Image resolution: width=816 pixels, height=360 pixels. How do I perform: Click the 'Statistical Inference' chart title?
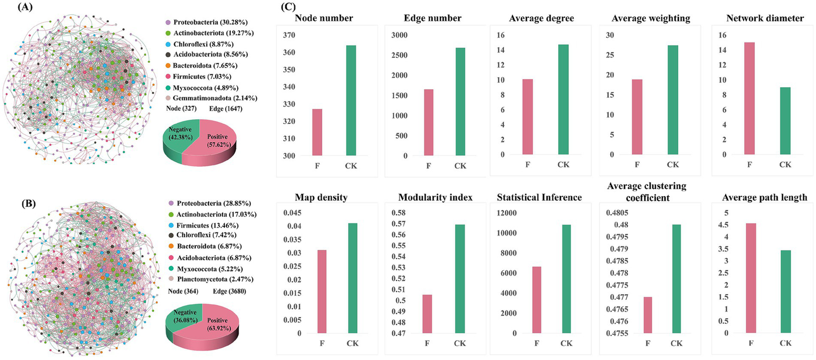coord(539,198)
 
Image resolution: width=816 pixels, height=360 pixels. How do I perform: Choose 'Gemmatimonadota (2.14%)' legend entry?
coord(208,99)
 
